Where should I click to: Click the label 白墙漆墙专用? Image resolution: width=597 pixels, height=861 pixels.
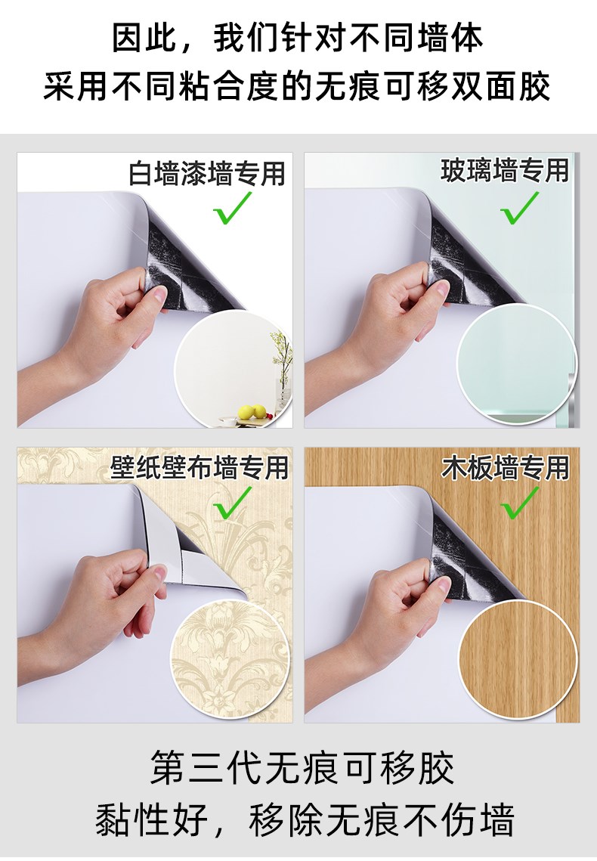207,174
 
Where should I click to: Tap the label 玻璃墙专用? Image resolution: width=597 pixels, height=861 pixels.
505,170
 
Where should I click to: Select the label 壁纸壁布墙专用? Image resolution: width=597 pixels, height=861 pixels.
200,467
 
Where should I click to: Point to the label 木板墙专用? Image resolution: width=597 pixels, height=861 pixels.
506,467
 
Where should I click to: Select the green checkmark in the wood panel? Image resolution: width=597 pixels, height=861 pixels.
519,503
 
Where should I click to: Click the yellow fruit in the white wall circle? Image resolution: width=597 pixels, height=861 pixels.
252,412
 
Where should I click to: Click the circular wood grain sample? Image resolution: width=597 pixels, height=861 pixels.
517,659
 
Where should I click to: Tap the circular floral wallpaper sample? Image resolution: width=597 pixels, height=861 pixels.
231,659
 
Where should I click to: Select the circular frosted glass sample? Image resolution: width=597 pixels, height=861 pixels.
517,364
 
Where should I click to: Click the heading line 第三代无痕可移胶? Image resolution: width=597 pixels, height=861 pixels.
302,768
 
